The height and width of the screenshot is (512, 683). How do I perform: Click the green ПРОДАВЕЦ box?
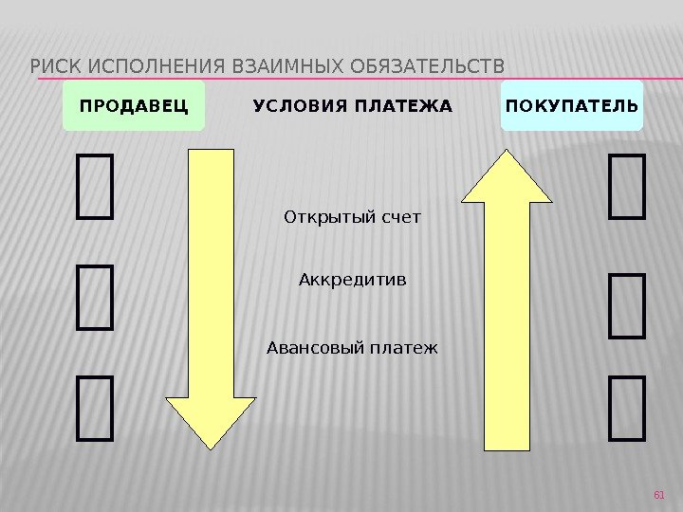(134, 105)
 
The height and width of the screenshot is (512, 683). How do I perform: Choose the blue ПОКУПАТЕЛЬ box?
(572, 105)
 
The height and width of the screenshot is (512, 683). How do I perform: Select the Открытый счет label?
(352, 218)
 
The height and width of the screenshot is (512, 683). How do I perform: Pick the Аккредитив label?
(352, 280)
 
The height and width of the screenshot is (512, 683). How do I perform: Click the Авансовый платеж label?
(352, 347)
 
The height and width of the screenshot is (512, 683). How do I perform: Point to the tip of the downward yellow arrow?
(211, 445)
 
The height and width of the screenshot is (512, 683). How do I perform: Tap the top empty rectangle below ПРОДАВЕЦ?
(96, 188)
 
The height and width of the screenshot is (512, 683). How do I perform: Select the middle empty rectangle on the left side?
(96, 299)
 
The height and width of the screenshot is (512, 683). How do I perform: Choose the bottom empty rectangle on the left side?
(96, 409)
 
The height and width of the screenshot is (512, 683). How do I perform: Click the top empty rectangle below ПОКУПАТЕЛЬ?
(626, 188)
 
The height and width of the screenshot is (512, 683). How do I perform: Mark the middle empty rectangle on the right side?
(626, 305)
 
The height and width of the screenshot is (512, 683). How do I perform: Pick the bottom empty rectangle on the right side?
(626, 409)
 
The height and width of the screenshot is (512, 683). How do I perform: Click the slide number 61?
(661, 494)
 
